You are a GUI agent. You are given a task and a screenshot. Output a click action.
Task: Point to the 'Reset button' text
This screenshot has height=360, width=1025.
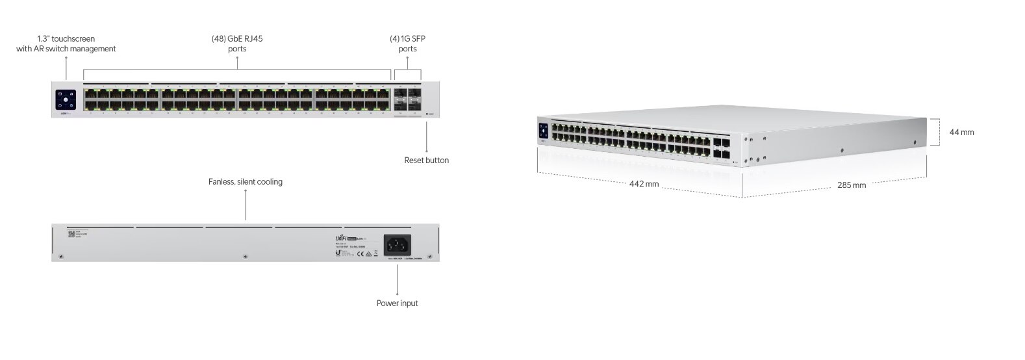(426, 160)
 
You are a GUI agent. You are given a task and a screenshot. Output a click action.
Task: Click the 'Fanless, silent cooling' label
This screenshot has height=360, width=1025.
(245, 182)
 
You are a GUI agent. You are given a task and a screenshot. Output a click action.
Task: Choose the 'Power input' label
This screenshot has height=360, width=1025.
(397, 303)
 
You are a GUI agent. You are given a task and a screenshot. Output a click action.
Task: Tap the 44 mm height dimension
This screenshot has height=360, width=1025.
(961, 132)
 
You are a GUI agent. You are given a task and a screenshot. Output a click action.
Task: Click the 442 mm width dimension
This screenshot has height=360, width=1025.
(644, 184)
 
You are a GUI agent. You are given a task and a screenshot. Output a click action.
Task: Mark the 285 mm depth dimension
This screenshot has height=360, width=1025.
(851, 185)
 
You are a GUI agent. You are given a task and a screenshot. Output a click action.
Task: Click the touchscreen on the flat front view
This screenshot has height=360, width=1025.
(66, 100)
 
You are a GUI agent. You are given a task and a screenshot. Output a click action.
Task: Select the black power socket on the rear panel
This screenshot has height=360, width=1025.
(397, 244)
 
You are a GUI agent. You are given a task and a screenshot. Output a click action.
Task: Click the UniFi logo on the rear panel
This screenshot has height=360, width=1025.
(342, 238)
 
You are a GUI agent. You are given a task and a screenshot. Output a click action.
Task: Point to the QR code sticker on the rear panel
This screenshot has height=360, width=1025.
(71, 233)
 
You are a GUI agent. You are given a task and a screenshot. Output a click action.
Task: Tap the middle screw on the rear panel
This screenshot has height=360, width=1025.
(245, 256)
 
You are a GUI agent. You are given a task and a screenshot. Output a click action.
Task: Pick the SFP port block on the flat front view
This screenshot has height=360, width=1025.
(407, 99)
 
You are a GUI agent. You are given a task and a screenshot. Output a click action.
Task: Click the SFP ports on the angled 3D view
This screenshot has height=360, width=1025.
(721, 148)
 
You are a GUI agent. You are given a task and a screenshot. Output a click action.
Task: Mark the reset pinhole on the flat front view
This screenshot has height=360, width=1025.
(426, 114)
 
